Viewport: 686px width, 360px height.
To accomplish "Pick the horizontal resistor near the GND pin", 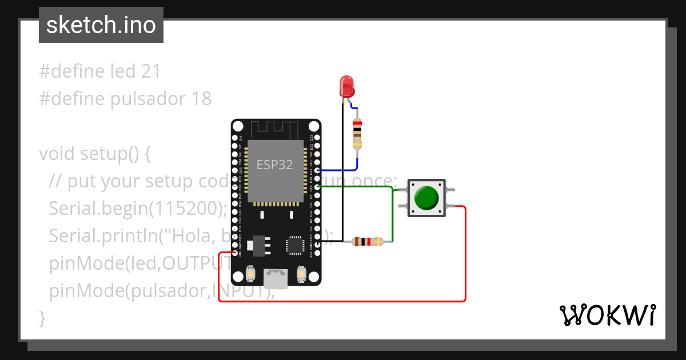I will click(x=368, y=242).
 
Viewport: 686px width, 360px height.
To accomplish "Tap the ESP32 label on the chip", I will click(x=274, y=165).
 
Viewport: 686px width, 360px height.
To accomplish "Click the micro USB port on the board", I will click(x=276, y=278).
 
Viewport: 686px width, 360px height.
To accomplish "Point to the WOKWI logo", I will click(x=607, y=315).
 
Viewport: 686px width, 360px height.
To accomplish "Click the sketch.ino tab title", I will click(x=101, y=25).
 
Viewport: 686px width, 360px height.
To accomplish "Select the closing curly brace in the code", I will click(x=42, y=317).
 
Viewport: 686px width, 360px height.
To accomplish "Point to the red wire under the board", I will click(x=343, y=301).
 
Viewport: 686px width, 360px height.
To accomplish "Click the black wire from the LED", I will click(x=342, y=171).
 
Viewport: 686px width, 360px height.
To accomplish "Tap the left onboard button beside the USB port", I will click(x=250, y=275).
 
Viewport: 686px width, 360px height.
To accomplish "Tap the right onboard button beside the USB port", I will click(x=301, y=275).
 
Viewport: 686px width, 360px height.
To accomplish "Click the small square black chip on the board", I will click(x=295, y=245).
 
